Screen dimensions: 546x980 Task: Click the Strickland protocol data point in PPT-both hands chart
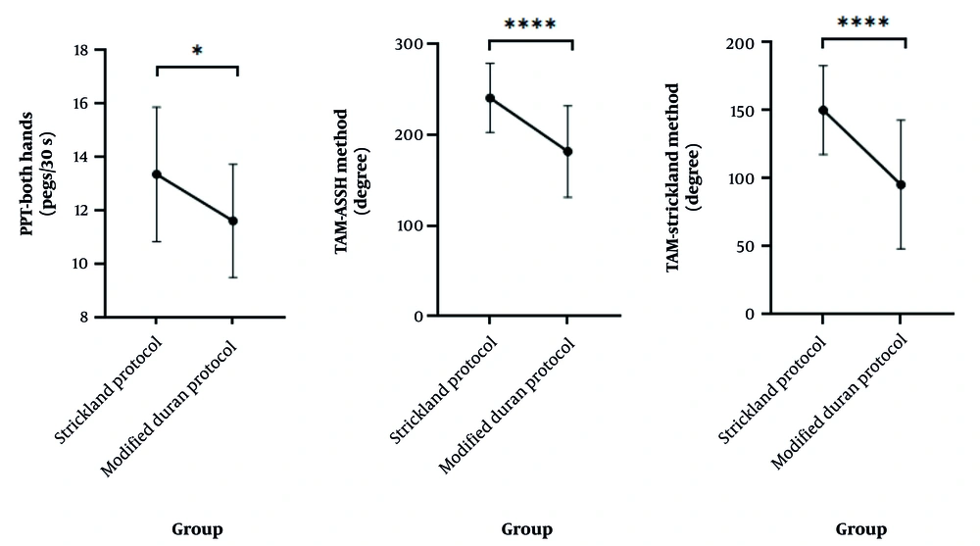click(155, 174)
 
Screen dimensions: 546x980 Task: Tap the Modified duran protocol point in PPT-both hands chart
click(232, 221)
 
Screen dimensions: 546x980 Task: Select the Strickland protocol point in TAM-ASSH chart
click(489, 98)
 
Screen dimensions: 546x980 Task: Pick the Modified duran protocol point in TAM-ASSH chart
click(566, 151)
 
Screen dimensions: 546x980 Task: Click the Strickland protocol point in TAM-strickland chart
click(823, 110)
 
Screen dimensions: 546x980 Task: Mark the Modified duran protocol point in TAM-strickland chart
click(901, 184)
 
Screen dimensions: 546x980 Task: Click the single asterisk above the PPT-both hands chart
click(197, 50)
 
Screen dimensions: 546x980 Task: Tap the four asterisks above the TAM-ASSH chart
click(529, 24)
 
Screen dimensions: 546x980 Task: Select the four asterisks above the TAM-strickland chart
click(863, 23)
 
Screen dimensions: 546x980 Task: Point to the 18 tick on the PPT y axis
click(90, 50)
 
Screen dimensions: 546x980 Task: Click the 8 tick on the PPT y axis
click(94, 318)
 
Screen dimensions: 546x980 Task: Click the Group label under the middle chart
click(527, 530)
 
